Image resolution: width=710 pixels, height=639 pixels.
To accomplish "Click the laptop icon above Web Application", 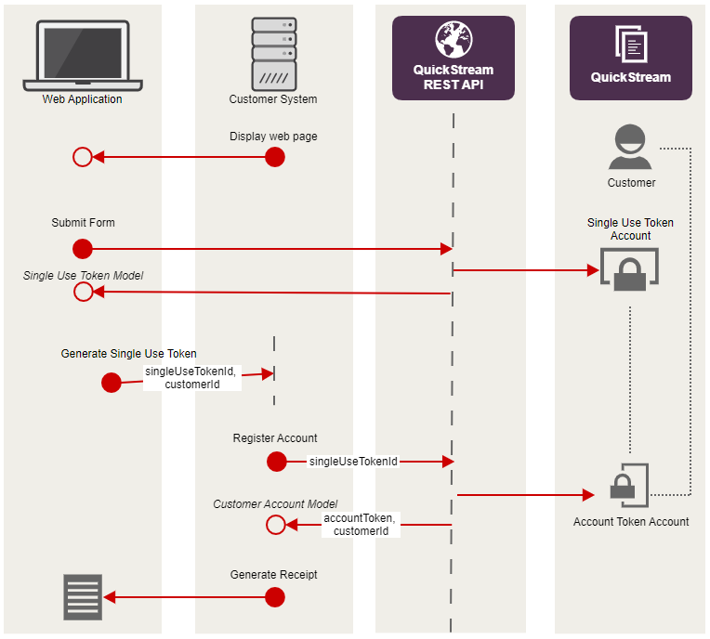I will [x=82, y=56].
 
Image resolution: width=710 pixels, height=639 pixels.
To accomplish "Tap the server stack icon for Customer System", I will [x=274, y=53].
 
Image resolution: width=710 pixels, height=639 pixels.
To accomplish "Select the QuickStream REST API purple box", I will [x=454, y=58].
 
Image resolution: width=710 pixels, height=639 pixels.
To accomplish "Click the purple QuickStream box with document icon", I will [x=630, y=58].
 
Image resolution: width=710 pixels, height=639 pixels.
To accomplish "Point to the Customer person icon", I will [x=631, y=147].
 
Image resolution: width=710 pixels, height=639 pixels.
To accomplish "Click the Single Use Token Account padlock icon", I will [x=629, y=270].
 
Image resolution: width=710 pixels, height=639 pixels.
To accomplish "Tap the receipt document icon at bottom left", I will [x=83, y=597].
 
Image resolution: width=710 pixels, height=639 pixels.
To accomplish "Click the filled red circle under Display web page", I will [x=274, y=157].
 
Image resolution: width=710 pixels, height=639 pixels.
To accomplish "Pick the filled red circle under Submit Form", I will [x=83, y=249].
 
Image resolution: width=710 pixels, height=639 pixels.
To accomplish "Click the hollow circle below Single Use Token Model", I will [x=83, y=293].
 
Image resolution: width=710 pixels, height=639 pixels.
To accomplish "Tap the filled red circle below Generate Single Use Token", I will [x=112, y=383].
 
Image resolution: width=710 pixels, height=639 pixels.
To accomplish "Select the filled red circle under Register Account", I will [x=276, y=462].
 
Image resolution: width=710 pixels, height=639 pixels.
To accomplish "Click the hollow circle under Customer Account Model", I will [x=275, y=525].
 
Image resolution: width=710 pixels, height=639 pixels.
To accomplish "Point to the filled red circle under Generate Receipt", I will [x=274, y=597].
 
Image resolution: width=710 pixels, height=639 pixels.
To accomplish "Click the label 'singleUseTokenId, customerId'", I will [x=192, y=377].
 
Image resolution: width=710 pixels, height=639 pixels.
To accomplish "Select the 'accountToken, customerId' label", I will [x=361, y=525].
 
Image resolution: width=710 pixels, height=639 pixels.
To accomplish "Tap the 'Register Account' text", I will [x=275, y=438].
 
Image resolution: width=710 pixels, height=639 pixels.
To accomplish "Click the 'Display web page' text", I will [x=273, y=137].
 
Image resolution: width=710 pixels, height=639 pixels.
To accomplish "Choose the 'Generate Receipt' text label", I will [x=273, y=575].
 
